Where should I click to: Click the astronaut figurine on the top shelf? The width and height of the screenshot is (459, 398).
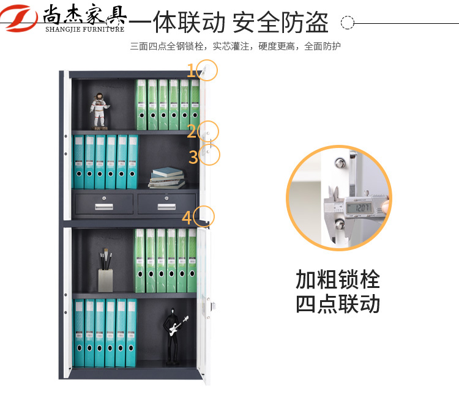click(x=99, y=111)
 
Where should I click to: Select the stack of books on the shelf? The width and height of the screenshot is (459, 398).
click(x=166, y=178)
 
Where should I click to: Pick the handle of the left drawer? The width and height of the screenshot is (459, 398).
click(x=104, y=207)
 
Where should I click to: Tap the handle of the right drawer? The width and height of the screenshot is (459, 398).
click(x=166, y=207)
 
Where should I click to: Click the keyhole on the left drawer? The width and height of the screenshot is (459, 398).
click(x=104, y=198)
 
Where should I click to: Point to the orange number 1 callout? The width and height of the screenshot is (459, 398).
click(x=191, y=70)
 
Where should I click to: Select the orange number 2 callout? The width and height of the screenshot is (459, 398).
click(x=192, y=131)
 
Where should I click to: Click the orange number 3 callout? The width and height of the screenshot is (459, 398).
click(x=193, y=157)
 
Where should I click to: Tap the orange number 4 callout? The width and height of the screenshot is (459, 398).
click(x=187, y=218)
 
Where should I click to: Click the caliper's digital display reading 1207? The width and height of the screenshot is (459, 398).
click(x=359, y=208)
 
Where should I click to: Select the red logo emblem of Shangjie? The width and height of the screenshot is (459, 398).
click(x=18, y=18)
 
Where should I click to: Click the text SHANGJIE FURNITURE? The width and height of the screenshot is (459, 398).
click(x=85, y=29)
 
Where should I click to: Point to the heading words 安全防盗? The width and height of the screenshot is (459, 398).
click(x=280, y=22)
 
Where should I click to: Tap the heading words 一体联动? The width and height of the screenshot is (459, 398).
click(x=177, y=22)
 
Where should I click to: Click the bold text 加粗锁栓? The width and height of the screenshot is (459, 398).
click(x=338, y=279)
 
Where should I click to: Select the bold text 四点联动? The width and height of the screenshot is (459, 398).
click(x=338, y=304)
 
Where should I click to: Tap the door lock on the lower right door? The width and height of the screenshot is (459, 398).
click(x=213, y=306)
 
